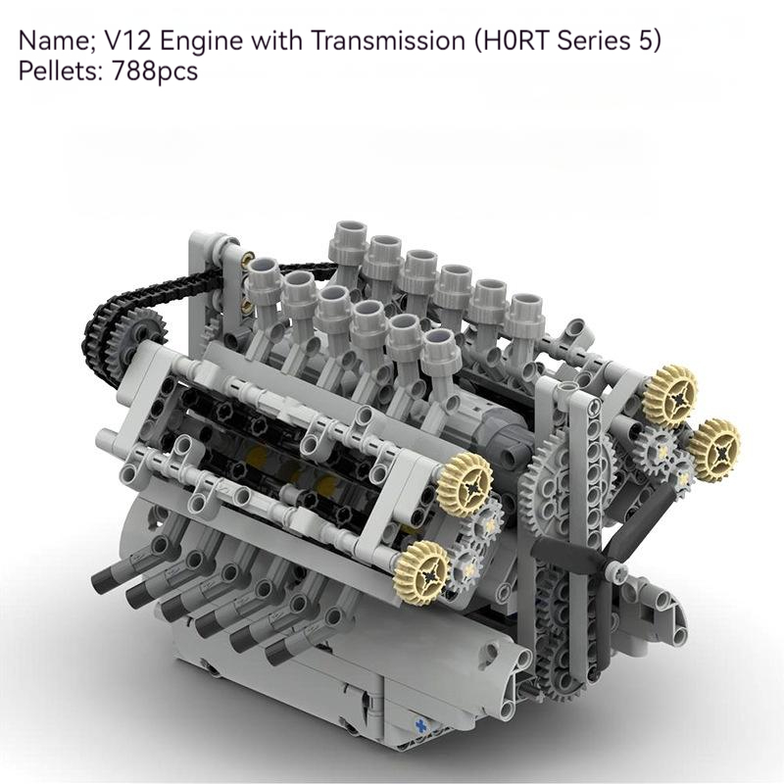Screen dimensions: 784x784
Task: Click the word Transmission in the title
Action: pyautogui.click(x=388, y=40)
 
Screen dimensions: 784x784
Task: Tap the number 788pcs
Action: pyautogui.click(x=155, y=71)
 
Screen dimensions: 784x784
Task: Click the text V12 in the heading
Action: pyautogui.click(x=127, y=40)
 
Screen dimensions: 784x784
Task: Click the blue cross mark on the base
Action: pyautogui.click(x=421, y=725)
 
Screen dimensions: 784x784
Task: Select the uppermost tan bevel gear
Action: pyautogui.click(x=669, y=395)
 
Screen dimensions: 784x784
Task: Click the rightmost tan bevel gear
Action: pyautogui.click(x=715, y=450)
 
